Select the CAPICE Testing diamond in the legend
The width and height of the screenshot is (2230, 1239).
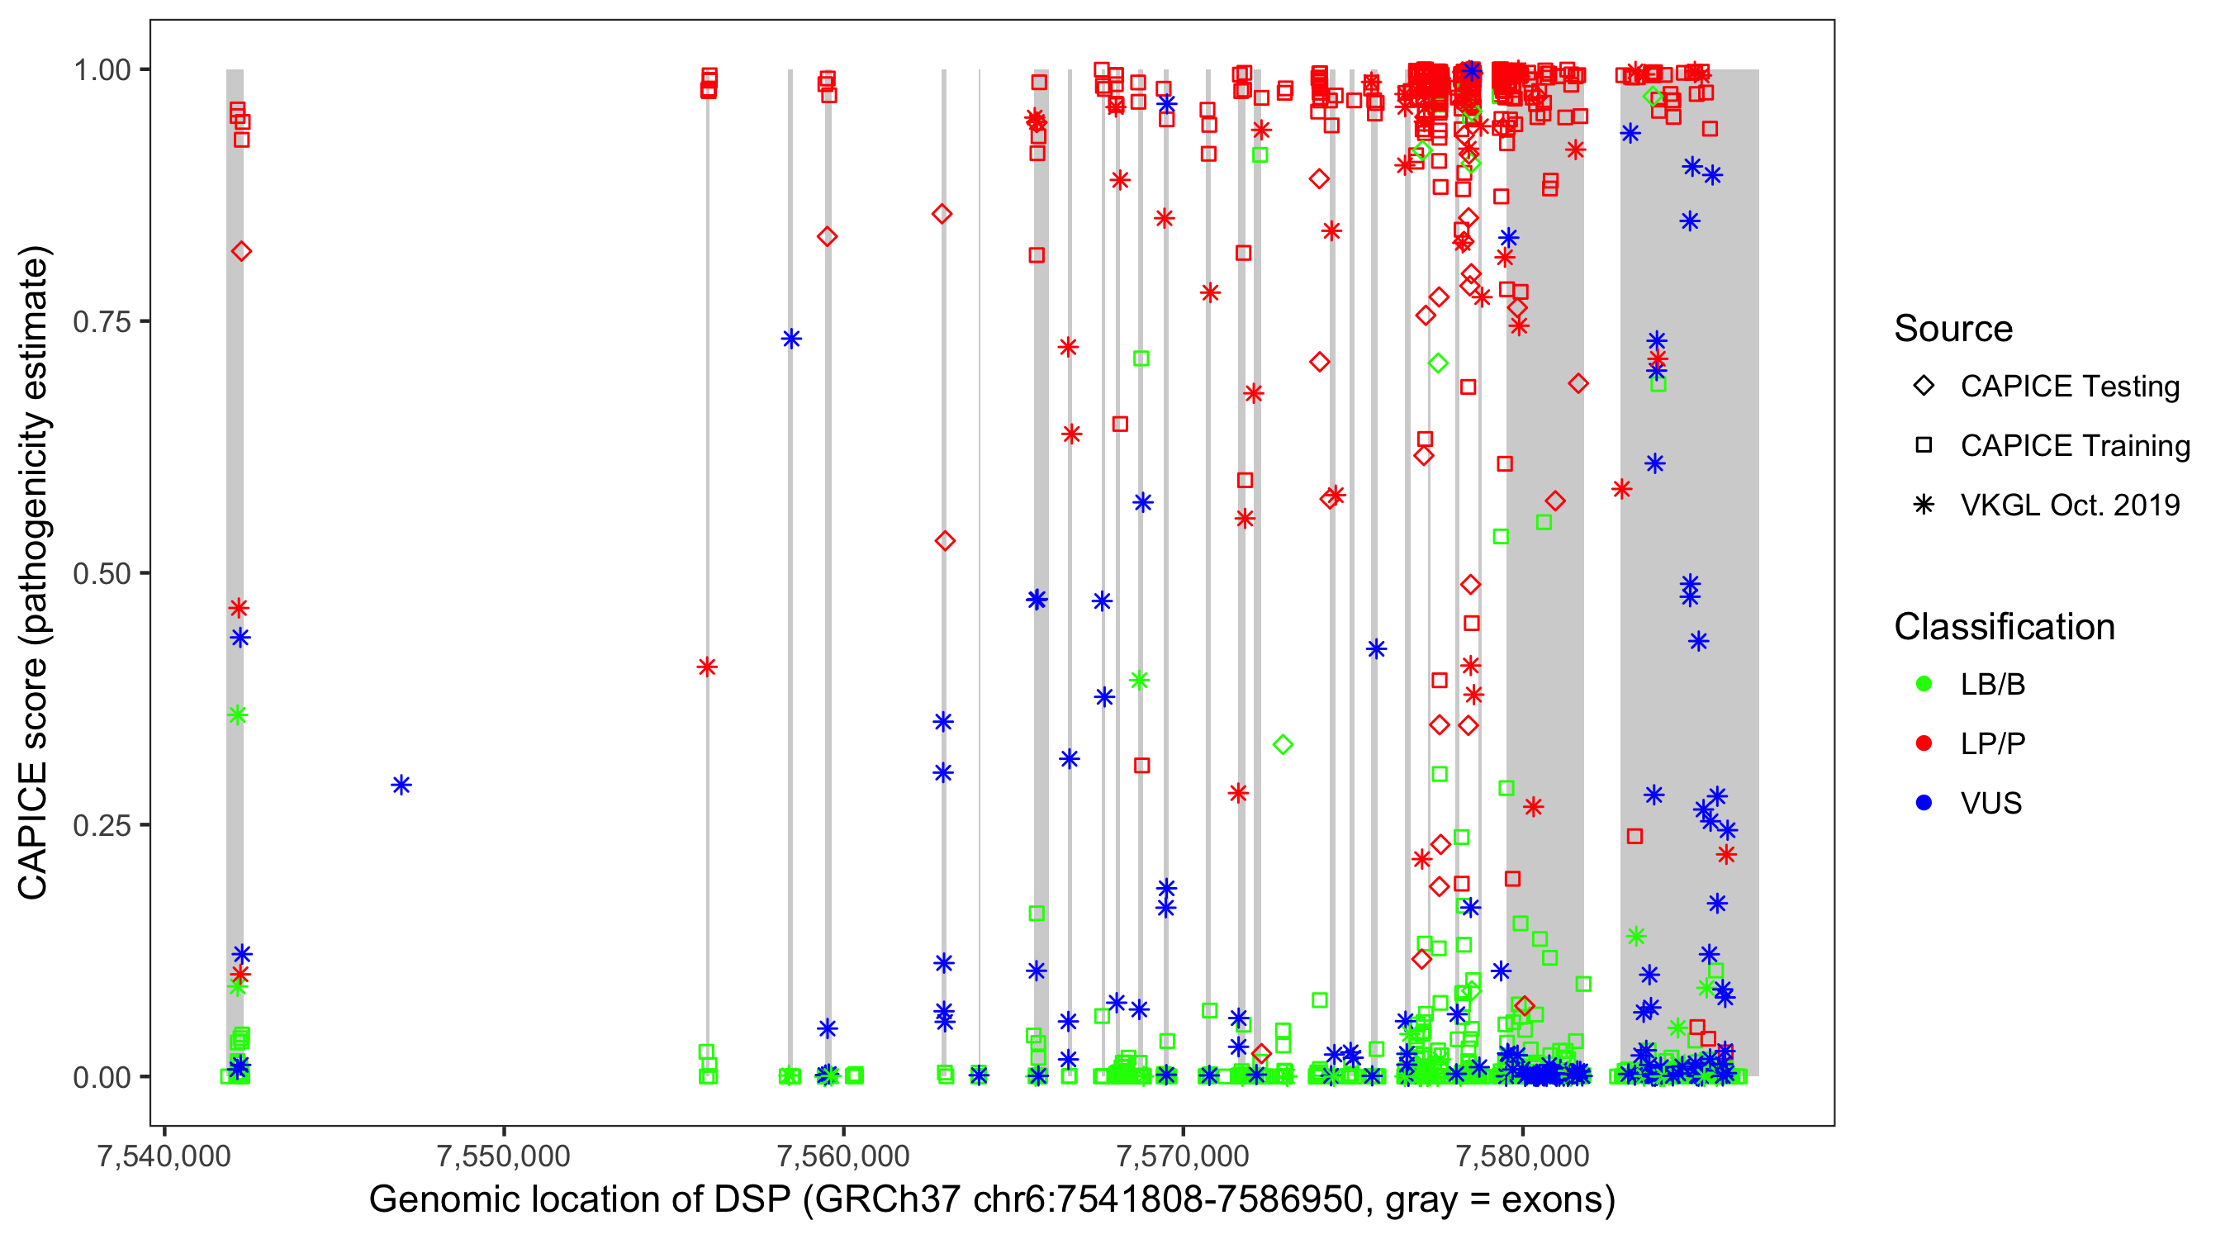click(1924, 387)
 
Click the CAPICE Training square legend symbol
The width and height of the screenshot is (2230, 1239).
click(1924, 446)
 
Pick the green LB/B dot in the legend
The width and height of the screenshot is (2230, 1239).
click(1924, 684)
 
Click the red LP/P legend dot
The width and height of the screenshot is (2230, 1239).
click(1924, 743)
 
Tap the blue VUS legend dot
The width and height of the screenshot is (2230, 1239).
click(1924, 804)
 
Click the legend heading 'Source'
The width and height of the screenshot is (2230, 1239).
click(1952, 329)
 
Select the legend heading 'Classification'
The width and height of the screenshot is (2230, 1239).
click(2003, 627)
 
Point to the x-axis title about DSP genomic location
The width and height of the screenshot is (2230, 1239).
click(991, 1200)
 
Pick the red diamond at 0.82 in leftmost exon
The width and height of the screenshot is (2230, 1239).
click(241, 251)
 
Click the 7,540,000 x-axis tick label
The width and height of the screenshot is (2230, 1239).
click(164, 1155)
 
